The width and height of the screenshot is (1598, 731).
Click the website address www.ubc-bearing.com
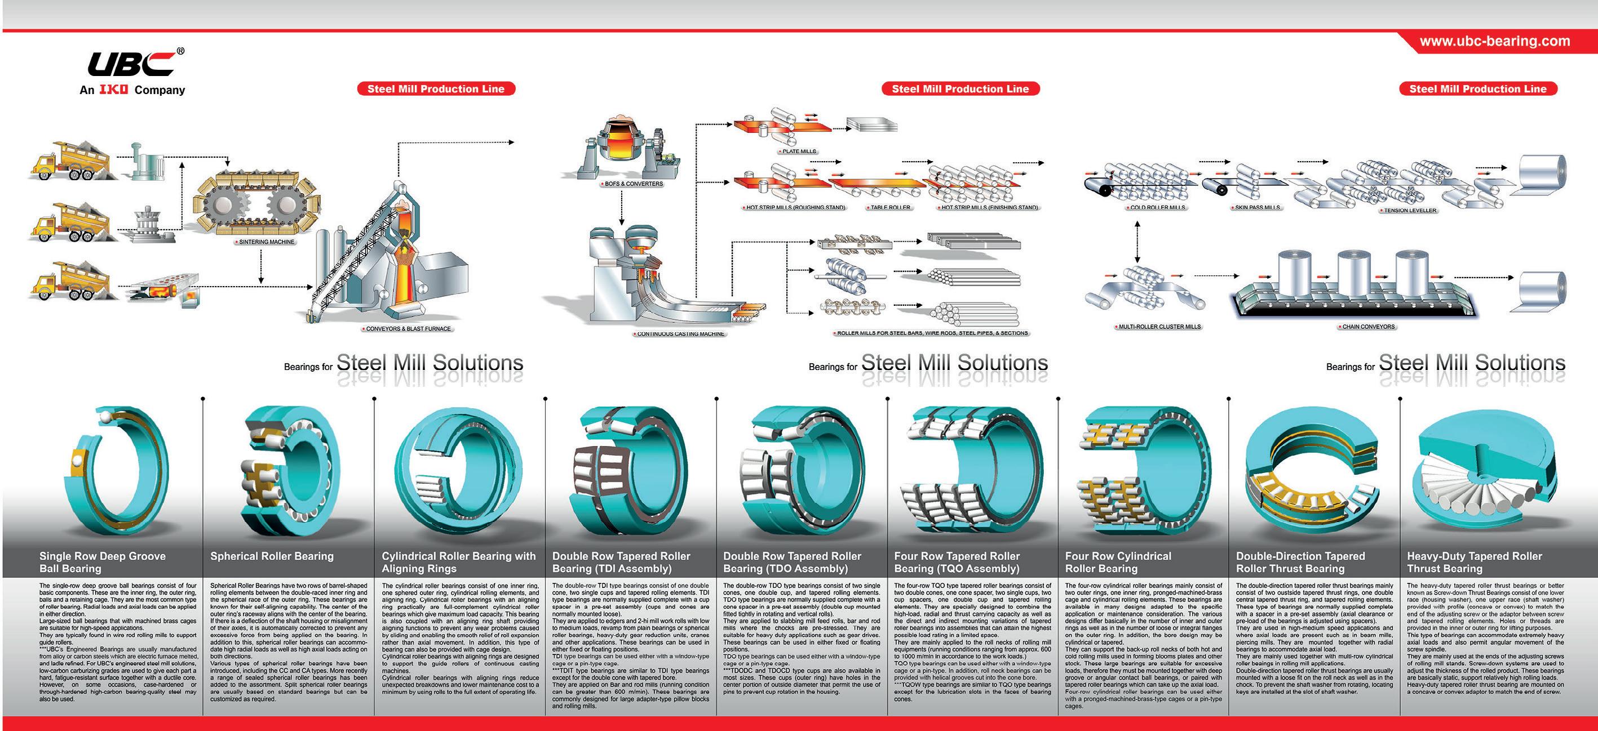coord(1494,42)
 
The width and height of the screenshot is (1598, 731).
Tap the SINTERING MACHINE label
coord(267,242)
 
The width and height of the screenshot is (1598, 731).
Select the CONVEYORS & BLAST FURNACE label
coord(408,328)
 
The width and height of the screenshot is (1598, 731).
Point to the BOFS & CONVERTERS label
coord(634,184)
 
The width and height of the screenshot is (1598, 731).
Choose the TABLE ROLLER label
coord(890,208)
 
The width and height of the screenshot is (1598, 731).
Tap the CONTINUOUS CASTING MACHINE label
coord(680,334)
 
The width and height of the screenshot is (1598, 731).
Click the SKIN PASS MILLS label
coord(1258,208)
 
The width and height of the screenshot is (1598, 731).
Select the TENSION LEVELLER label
coord(1410,211)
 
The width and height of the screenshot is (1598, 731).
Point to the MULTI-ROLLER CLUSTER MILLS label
coord(1159,327)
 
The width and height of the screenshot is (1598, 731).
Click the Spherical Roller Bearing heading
coord(272,556)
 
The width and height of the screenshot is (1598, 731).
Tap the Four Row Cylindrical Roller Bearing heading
coord(1118,563)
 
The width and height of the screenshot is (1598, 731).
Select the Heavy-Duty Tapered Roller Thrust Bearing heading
coord(1474,563)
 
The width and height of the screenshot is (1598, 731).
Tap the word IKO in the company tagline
coord(113,90)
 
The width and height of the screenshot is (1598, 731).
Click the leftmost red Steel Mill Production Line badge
coord(436,88)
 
